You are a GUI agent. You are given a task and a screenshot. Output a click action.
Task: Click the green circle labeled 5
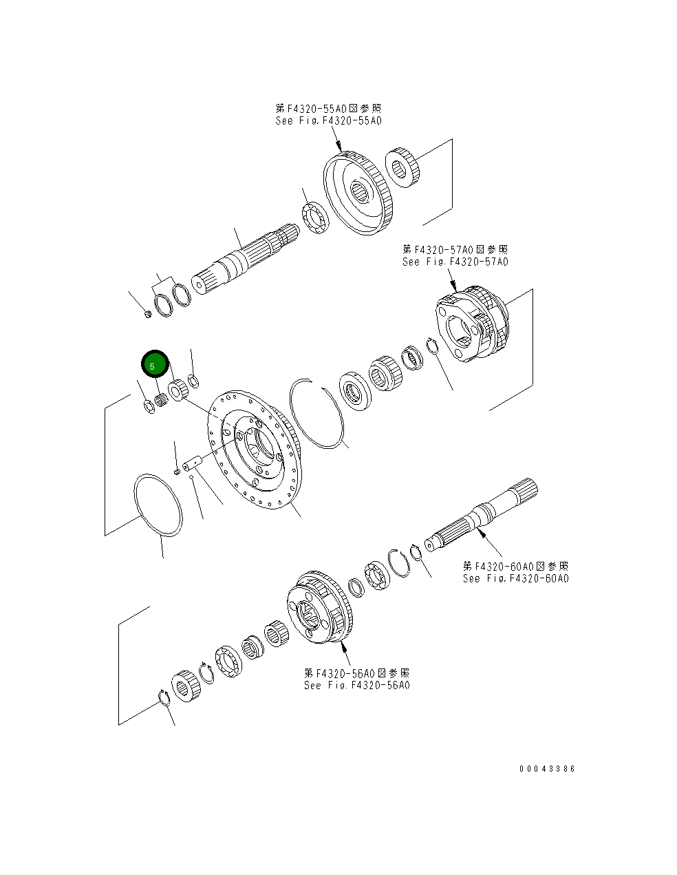click(x=154, y=365)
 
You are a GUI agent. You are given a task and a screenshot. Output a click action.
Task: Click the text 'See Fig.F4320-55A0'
click(x=328, y=120)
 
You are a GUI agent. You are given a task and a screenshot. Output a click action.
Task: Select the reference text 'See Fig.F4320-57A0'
click(x=455, y=262)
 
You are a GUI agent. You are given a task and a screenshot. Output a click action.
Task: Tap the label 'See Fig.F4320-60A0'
click(x=515, y=578)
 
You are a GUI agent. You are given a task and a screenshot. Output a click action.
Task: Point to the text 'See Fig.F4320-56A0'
click(x=356, y=685)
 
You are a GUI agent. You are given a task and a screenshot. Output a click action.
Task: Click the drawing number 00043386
click(x=547, y=769)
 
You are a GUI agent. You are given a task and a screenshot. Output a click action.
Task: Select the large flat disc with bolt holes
click(x=255, y=451)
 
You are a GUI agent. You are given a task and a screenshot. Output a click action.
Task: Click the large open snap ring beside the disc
click(x=316, y=413)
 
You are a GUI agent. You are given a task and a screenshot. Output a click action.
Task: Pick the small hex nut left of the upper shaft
click(x=148, y=315)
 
